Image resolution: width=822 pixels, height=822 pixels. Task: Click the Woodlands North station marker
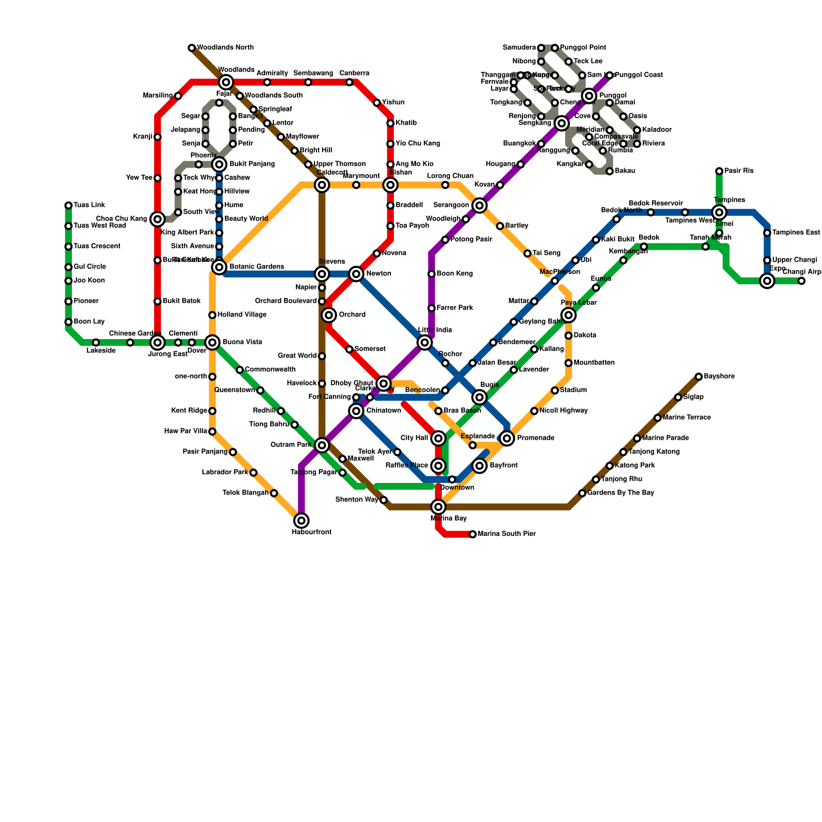tap(192, 48)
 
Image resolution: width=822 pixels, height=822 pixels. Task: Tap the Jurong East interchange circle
tap(158, 343)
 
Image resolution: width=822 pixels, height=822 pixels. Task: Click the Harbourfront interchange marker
tap(302, 521)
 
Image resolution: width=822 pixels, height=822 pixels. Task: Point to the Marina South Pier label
tap(507, 534)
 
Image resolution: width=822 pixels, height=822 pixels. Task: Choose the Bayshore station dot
tap(699, 377)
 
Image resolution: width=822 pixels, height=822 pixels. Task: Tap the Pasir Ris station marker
tap(719, 171)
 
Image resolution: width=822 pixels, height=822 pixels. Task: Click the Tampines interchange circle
tap(719, 212)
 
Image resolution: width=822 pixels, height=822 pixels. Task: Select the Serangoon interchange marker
tap(479, 206)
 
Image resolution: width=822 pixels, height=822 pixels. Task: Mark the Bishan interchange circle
tap(390, 185)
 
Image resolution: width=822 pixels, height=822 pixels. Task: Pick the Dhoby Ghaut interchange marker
tap(383, 383)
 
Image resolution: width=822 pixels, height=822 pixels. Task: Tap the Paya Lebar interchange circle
tap(568, 315)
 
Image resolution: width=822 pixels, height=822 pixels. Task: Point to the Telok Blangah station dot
tap(274, 493)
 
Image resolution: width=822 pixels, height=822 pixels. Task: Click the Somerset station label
tap(370, 349)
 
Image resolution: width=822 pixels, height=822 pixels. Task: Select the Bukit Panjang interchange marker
tap(219, 164)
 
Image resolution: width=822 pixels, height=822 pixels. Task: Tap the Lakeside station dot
tap(96, 343)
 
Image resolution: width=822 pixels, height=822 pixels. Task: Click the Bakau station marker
tap(610, 171)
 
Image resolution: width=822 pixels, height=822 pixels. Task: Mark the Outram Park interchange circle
tap(322, 445)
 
